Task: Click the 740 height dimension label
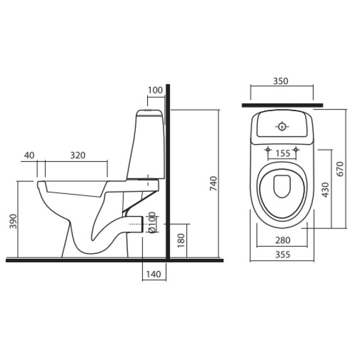point(214,184)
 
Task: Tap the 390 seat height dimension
point(13,221)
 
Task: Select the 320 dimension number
point(77,155)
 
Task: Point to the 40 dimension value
point(29,155)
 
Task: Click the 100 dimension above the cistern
point(155,90)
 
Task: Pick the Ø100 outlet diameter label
point(152,222)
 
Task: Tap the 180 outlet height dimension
point(181,240)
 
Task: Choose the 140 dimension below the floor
point(153,274)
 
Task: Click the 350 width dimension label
point(280,81)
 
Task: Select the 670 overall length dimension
point(340,169)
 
